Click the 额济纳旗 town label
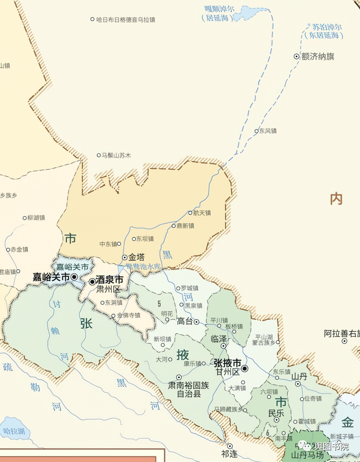click(x=318, y=57)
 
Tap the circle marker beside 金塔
click(x=124, y=257)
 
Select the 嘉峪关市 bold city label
click(x=51, y=277)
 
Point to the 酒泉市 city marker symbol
click(x=92, y=281)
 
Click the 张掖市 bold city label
click(x=227, y=363)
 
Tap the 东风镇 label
click(x=268, y=131)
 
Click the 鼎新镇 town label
click(x=185, y=226)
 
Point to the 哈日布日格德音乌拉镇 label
click(x=125, y=19)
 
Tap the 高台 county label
click(x=185, y=321)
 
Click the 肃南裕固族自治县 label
click(x=188, y=389)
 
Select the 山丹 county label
click(x=299, y=376)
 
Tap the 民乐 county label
click(x=276, y=413)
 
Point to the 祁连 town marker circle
click(x=229, y=445)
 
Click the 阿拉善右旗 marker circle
click(x=345, y=341)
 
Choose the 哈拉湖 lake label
click(x=14, y=432)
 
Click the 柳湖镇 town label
click(x=36, y=218)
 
